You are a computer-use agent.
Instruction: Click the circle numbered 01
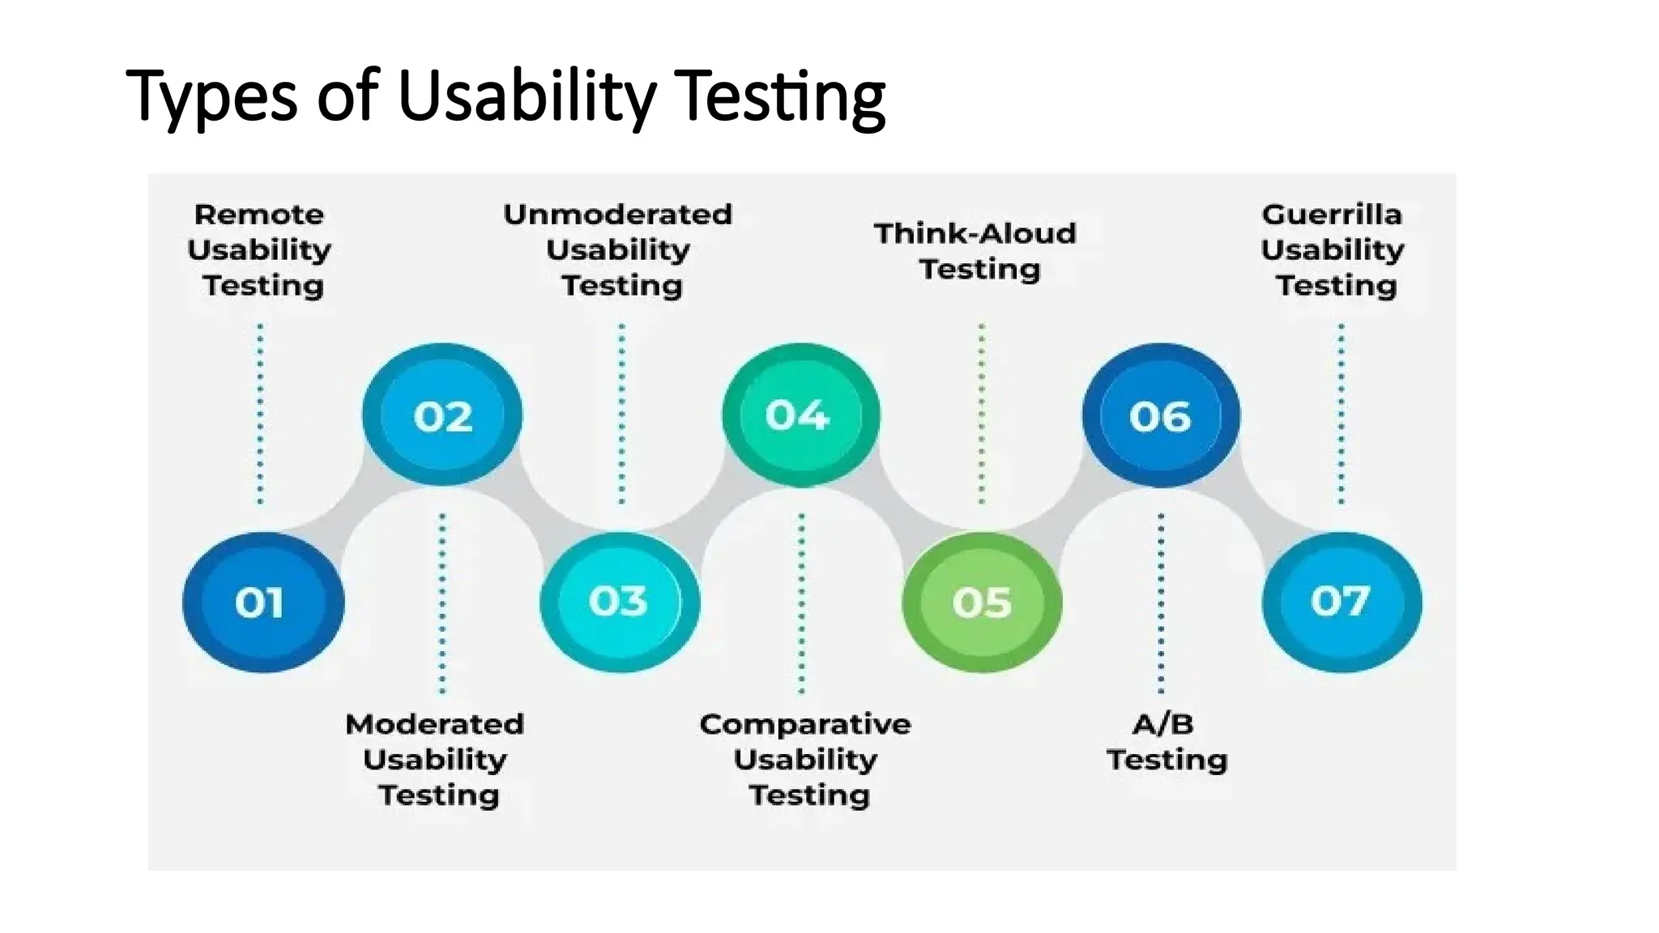pos(262,602)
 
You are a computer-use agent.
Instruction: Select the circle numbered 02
pos(442,415)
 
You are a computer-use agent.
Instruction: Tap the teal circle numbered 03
pos(620,602)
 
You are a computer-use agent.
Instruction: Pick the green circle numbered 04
pos(800,415)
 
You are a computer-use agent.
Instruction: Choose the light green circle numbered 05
pos(982,602)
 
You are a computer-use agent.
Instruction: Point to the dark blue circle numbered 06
pos(1161,415)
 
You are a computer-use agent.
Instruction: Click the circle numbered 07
pos(1341,602)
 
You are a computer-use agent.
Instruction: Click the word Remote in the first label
pos(259,215)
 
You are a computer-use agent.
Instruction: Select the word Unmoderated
pos(618,215)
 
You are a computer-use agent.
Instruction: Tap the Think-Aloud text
pos(975,234)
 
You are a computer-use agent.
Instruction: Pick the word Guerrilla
pos(1332,215)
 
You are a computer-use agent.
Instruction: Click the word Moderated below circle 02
pos(435,724)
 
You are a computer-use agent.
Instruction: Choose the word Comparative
pos(805,724)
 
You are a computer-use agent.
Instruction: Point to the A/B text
pos(1162,724)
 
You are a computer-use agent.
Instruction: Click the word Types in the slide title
pos(211,97)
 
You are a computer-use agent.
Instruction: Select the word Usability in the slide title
pos(527,97)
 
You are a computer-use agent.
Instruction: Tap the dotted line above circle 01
pos(260,413)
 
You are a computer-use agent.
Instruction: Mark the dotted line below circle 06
pos(1161,603)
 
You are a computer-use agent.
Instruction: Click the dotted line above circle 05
pos(982,413)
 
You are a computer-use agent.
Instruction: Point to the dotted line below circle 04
pos(802,603)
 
